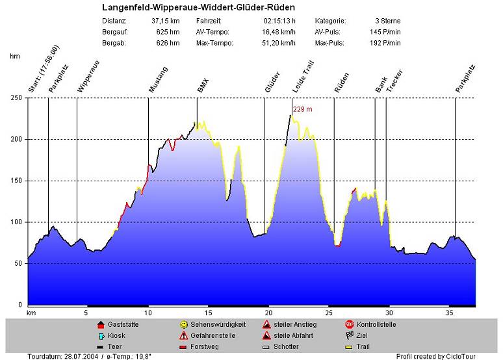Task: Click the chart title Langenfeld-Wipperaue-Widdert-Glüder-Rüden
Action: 199,8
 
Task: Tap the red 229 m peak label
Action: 303,109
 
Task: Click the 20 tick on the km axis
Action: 268,313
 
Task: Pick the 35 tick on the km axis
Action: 449,313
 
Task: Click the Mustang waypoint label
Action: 158,80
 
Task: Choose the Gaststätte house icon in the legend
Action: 100,324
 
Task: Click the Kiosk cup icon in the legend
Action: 100,335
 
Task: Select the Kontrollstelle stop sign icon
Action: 349,324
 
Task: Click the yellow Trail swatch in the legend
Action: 349,347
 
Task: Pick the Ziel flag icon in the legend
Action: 349,335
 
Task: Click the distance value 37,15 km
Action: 165,21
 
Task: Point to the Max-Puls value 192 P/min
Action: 386,43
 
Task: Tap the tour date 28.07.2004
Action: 78,356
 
